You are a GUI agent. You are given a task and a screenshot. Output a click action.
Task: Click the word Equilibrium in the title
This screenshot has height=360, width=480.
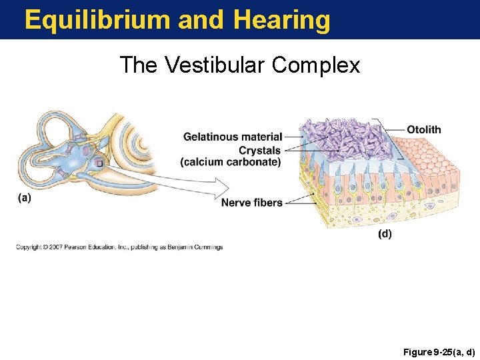pyautogui.click(x=97, y=20)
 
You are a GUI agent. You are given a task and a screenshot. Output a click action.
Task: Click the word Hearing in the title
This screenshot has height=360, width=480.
pyautogui.click(x=281, y=20)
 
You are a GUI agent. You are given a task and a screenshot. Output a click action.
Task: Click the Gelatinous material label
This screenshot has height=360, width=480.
pyautogui.click(x=233, y=137)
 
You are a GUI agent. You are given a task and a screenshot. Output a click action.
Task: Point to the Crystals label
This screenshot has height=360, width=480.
pyautogui.click(x=259, y=150)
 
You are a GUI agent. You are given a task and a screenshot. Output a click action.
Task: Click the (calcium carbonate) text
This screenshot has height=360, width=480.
pyautogui.click(x=231, y=162)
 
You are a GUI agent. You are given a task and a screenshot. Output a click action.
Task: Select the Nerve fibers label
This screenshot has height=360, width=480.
pyautogui.click(x=251, y=203)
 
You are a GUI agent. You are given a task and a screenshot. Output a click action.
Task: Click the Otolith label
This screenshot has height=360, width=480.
pyautogui.click(x=424, y=129)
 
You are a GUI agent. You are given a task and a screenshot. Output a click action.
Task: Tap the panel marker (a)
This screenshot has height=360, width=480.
pyautogui.click(x=24, y=197)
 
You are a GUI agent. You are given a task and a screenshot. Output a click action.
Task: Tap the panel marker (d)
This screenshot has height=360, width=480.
pyautogui.click(x=385, y=234)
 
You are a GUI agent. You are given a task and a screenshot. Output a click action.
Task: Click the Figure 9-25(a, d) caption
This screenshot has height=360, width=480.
pyautogui.click(x=439, y=351)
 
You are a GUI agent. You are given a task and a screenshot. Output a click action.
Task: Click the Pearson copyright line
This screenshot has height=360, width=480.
pyautogui.click(x=119, y=247)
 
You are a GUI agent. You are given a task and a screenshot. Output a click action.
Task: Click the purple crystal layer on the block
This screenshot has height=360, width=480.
pyautogui.click(x=340, y=140)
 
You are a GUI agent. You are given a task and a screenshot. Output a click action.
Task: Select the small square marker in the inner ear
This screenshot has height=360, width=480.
pyautogui.click(x=99, y=162)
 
